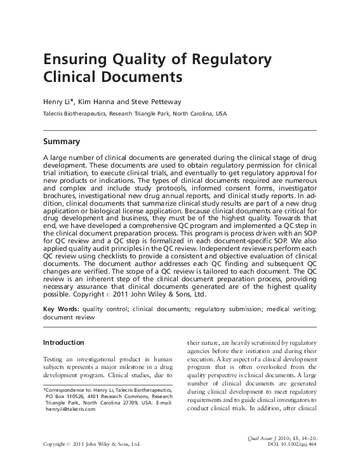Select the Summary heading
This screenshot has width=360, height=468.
(x=61, y=142)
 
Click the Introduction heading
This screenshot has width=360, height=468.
(x=63, y=342)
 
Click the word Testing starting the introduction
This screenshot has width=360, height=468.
(x=54, y=361)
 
